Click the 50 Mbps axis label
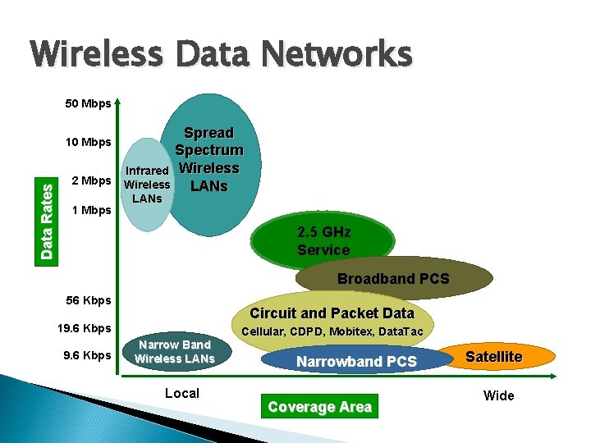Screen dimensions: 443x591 [88, 104]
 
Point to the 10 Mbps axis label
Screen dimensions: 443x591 [88, 142]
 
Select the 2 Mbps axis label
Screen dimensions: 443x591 [91, 180]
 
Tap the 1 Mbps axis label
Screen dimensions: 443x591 [91, 210]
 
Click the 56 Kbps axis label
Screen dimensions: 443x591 [88, 300]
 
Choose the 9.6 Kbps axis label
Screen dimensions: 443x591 [88, 355]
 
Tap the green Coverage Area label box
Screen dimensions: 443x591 [320, 407]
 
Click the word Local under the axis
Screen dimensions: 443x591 [182, 393]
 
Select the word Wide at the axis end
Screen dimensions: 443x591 [498, 395]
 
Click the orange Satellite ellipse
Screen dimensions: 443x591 [494, 356]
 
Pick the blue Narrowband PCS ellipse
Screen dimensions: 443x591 [356, 361]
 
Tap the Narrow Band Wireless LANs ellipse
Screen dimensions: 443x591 [174, 351]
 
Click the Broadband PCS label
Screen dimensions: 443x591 [393, 279]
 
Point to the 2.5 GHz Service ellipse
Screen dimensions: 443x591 [323, 241]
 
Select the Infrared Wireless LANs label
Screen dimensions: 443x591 [147, 185]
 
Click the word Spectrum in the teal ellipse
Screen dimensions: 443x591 [208, 150]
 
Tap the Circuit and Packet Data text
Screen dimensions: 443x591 [332, 313]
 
